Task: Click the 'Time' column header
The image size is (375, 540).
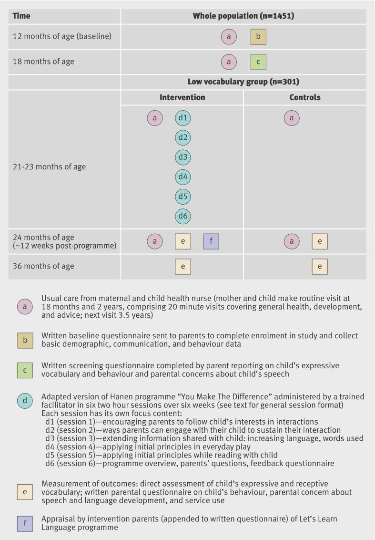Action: click(x=21, y=16)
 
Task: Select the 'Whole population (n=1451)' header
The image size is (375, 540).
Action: click(x=243, y=16)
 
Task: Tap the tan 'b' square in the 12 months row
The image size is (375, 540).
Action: click(x=258, y=37)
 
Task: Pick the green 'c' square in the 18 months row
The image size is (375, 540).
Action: click(x=258, y=62)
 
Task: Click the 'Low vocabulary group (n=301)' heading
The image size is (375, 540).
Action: click(x=243, y=82)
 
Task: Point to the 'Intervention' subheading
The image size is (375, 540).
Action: click(x=182, y=97)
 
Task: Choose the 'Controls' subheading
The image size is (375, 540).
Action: click(x=305, y=97)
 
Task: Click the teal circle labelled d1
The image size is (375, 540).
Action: click(x=183, y=118)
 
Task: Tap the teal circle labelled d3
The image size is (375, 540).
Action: click(x=183, y=157)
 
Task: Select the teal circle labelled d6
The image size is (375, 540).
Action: click(x=183, y=216)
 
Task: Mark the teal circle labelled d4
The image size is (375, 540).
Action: click(x=183, y=177)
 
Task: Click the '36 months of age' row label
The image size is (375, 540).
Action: click(x=43, y=266)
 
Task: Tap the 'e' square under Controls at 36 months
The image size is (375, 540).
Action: click(x=320, y=266)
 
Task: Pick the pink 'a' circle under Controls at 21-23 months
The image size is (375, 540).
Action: click(x=292, y=118)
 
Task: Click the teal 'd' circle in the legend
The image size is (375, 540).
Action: click(x=25, y=400)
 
